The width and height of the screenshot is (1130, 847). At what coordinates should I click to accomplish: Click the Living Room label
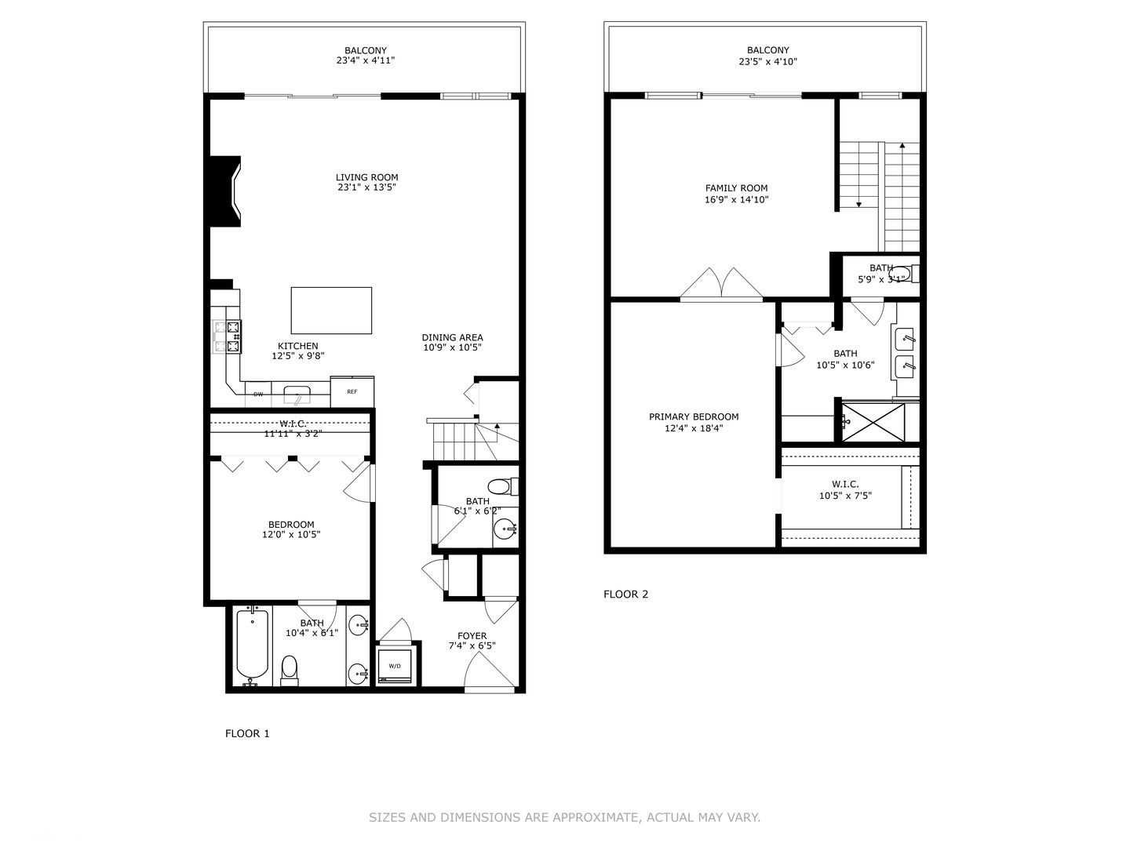(x=366, y=177)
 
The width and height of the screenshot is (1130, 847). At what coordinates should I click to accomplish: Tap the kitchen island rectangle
(x=331, y=311)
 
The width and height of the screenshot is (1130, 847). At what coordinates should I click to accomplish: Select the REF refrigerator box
(x=352, y=391)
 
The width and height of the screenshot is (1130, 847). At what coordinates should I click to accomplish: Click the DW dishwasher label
(x=258, y=394)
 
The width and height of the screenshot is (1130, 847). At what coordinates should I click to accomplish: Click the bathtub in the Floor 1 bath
(x=253, y=645)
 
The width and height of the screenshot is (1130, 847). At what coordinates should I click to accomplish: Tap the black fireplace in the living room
(x=223, y=192)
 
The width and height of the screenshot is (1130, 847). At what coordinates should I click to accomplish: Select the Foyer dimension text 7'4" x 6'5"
(x=472, y=646)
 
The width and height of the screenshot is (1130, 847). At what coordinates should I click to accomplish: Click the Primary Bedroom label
(x=694, y=416)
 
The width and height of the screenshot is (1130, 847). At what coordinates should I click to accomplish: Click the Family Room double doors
(x=721, y=284)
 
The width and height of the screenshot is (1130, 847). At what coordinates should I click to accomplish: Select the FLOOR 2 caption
(x=625, y=594)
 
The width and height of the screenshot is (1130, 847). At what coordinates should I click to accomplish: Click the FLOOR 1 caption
(x=247, y=734)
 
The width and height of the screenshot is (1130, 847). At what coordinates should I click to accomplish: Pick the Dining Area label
(x=452, y=337)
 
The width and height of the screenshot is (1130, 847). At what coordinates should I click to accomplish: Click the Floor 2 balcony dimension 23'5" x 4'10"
(x=767, y=61)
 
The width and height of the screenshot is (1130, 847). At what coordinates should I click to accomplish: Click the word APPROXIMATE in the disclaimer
(x=596, y=817)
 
